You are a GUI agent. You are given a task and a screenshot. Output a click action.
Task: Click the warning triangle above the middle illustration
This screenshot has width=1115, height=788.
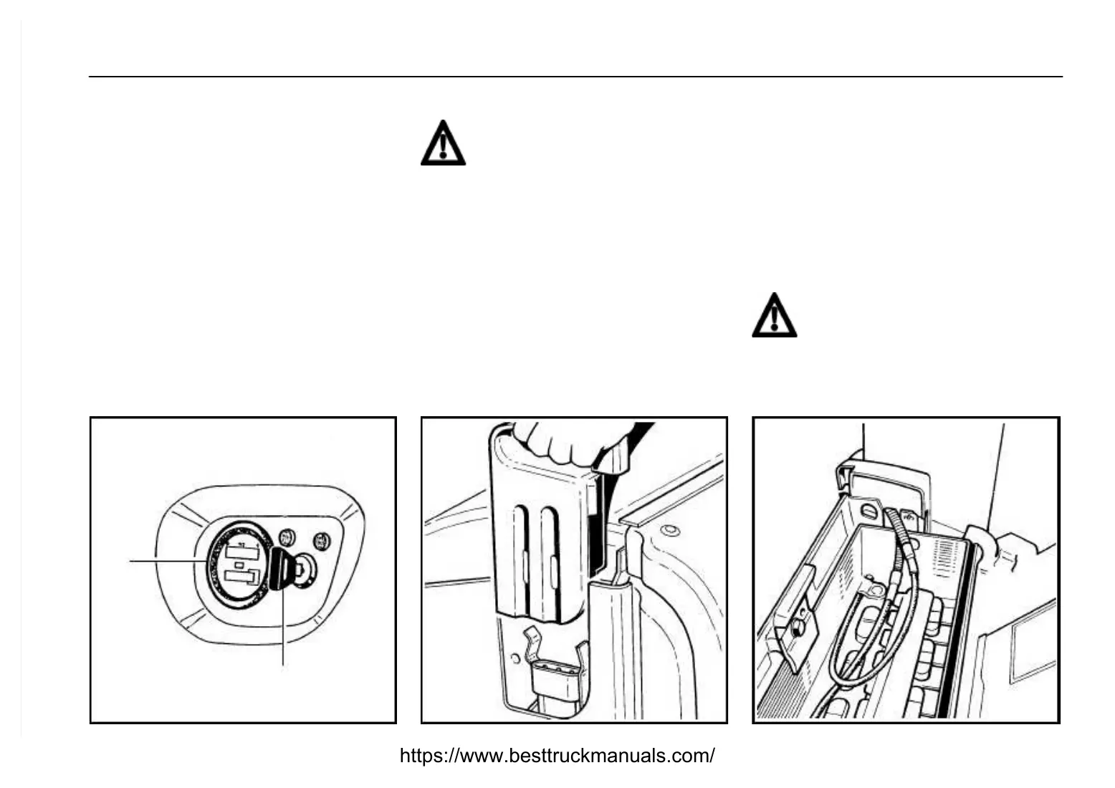[x=443, y=143]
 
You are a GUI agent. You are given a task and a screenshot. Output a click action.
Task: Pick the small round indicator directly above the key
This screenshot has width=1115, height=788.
[x=288, y=535]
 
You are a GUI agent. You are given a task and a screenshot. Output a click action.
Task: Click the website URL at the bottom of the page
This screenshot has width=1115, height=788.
[x=557, y=755]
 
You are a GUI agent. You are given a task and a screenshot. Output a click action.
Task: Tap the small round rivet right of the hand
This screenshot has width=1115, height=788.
[x=669, y=531]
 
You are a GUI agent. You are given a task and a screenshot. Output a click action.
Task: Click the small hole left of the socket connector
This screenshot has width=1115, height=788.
[x=514, y=657]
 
